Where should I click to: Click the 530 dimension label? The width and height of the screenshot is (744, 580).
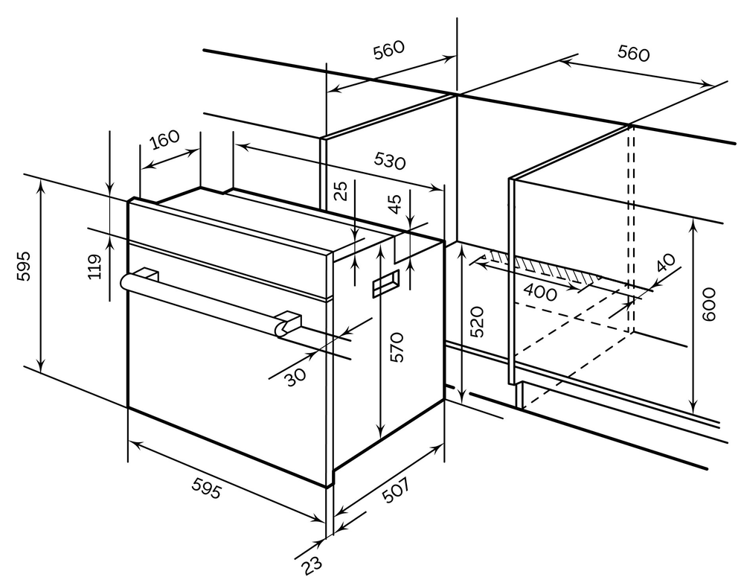point(390,161)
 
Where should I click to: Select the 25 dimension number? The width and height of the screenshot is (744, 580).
point(341,191)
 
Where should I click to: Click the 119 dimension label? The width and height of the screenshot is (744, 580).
point(94,267)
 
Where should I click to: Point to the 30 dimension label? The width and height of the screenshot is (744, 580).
point(295,377)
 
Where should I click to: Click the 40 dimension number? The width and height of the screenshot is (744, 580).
point(666,264)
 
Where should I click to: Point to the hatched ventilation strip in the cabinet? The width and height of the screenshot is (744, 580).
point(539,267)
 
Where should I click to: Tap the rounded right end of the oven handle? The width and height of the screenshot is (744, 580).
point(282,328)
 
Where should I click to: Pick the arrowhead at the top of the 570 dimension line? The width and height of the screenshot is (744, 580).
point(381,250)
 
